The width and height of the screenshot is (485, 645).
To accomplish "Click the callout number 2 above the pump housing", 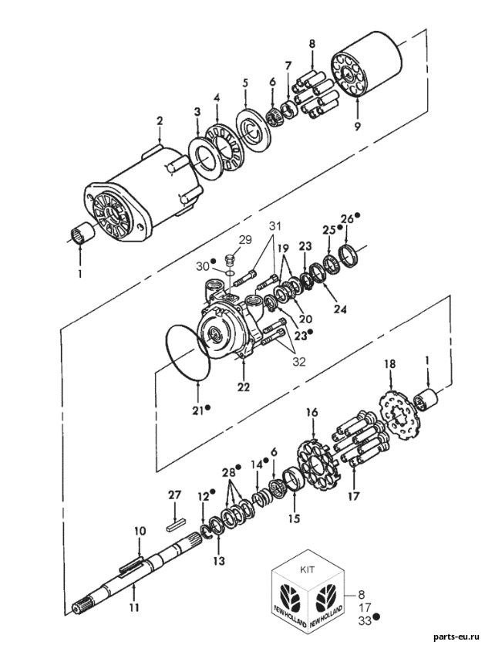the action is (x=160, y=121).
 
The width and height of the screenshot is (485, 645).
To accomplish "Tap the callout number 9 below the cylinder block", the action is (x=357, y=127).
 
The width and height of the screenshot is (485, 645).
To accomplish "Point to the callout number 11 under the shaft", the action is (x=134, y=607).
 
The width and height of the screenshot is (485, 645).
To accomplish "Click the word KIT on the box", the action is (x=308, y=569).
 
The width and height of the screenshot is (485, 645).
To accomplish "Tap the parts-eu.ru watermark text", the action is (x=457, y=637).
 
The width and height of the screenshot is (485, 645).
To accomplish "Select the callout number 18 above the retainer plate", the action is (x=390, y=363).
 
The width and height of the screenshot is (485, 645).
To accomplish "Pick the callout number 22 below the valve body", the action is (x=244, y=387).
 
